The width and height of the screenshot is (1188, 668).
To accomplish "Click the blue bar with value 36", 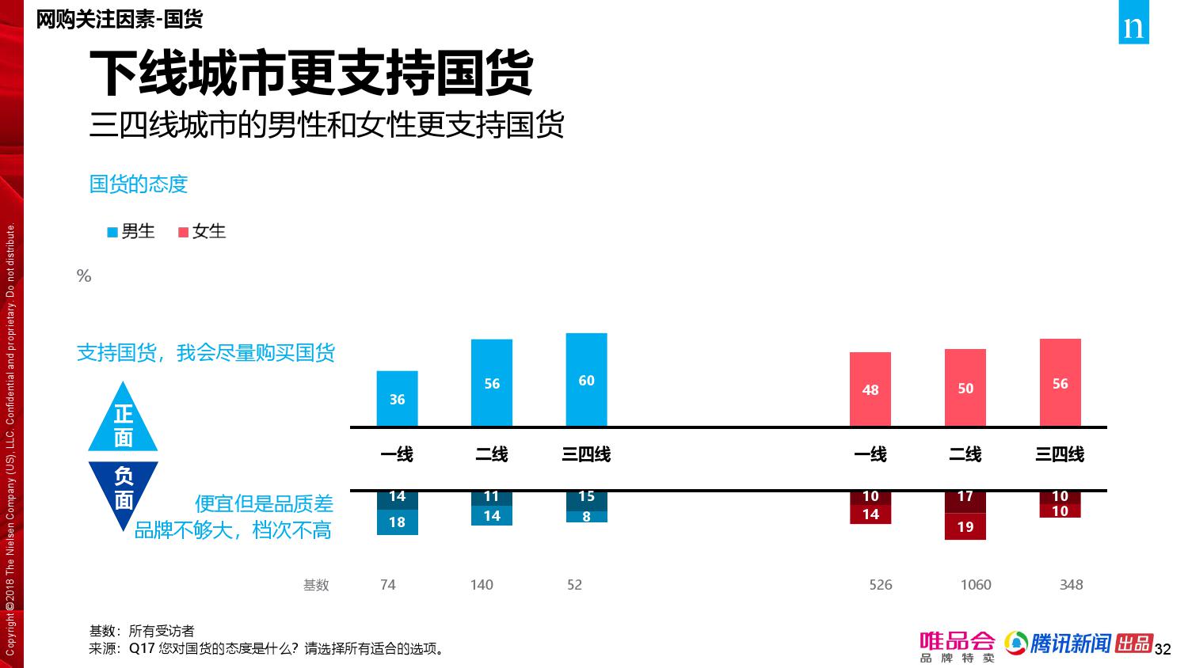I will click(397, 399).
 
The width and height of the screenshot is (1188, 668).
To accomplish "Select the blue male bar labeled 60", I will click(586, 380).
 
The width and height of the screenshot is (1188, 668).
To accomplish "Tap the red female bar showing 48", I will click(870, 389).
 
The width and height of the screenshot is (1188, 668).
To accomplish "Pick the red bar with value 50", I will click(965, 388).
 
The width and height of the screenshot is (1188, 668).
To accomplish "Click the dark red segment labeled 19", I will click(965, 527).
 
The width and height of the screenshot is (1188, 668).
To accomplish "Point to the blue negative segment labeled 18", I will click(397, 522).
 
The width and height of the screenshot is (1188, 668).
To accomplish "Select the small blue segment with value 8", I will click(586, 517).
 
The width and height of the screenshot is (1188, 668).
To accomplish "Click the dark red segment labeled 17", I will click(965, 497).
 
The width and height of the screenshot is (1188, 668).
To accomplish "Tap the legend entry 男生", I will click(131, 231).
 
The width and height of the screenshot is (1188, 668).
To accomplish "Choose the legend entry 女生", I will click(202, 231).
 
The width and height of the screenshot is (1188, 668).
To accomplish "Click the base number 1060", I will click(975, 585).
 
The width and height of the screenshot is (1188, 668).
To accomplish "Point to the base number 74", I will click(387, 585).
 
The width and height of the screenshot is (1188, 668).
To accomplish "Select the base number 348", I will click(1071, 585).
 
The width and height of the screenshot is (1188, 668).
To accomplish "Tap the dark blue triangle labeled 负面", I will click(123, 487).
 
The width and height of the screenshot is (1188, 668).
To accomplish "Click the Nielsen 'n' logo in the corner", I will click(1133, 27).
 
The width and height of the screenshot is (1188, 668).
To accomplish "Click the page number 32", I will click(1163, 650).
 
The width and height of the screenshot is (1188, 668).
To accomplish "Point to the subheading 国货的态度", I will click(139, 184).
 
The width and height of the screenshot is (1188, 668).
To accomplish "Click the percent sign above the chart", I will click(84, 276).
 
